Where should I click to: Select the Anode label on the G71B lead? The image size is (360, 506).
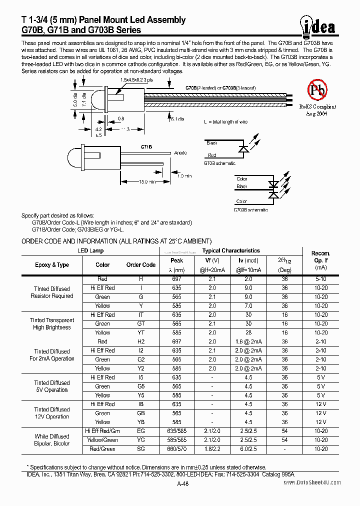pos(181,153)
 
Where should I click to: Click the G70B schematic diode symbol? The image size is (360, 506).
pos(243,149)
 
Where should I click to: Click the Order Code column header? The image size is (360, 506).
pos(141,265)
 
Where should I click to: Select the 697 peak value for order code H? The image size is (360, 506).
pos(177,278)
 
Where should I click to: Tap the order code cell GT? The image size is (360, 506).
pos(141,323)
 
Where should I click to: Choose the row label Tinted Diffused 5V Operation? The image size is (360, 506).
pos(52,386)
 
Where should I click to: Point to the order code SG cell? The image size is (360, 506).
pos(141,449)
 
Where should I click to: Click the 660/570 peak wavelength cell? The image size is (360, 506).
pos(177,449)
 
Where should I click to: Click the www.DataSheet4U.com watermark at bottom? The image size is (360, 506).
pos(312,483)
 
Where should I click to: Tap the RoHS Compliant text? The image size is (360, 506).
pos(317,106)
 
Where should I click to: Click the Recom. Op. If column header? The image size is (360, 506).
pos(320,260)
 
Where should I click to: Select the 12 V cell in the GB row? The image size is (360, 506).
pos(320,413)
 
